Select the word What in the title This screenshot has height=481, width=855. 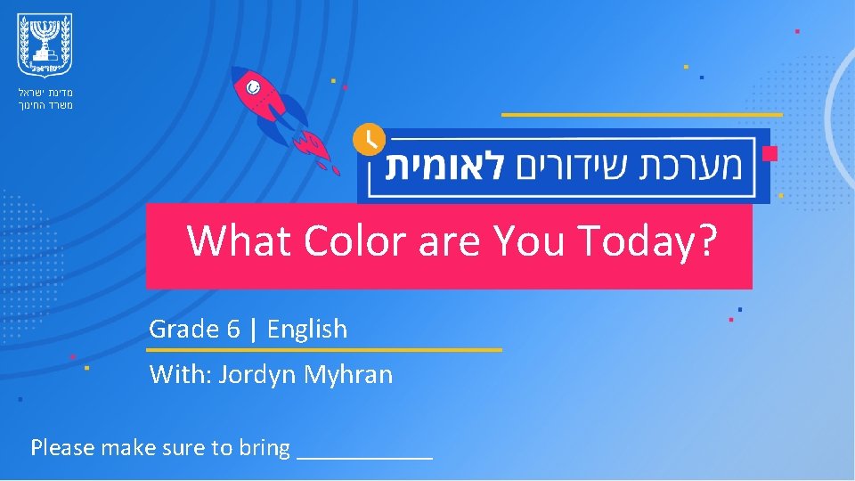click(240, 240)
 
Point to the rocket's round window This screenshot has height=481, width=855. click(253, 87)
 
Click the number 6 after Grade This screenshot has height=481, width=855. click(233, 330)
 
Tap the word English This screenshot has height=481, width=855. click(307, 330)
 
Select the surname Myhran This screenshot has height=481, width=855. click(348, 375)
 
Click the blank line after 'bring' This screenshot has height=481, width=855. click(365, 454)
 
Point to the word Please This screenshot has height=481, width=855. click(63, 447)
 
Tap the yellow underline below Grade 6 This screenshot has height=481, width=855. click(325, 350)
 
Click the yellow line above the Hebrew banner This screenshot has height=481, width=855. click(641, 114)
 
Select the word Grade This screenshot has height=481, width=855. click(183, 330)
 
